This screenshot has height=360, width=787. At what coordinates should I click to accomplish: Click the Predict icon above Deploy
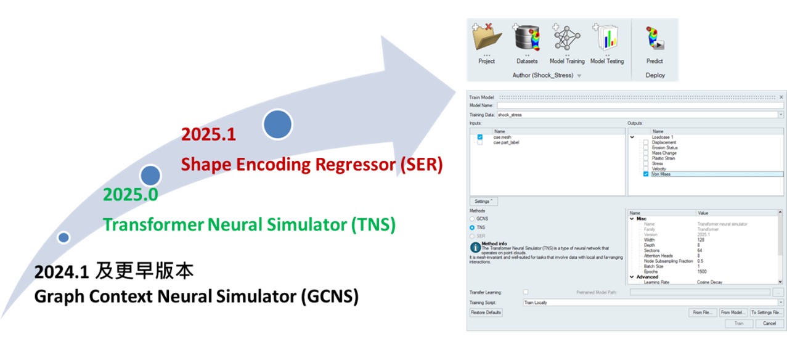(654, 38)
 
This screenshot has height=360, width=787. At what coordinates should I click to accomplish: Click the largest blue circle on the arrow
(277, 125)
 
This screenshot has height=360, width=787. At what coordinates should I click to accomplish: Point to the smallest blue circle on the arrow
(63, 237)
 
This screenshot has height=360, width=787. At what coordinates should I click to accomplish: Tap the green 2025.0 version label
(130, 195)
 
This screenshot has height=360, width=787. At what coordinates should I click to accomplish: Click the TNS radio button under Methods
(473, 227)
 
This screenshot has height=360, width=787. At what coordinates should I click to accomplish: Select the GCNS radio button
(473, 219)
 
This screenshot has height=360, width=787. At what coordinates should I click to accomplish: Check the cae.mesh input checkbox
(479, 137)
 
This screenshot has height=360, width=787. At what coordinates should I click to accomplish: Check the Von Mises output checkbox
(645, 174)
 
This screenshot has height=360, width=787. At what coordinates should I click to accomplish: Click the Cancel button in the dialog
(769, 323)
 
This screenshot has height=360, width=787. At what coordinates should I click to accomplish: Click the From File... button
(702, 313)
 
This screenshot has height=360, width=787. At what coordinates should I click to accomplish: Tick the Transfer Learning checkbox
(525, 292)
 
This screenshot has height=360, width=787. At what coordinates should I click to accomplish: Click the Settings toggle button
(483, 202)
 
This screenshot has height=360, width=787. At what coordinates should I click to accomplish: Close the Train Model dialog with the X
(781, 97)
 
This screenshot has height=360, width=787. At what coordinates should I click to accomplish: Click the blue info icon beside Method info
(475, 247)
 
